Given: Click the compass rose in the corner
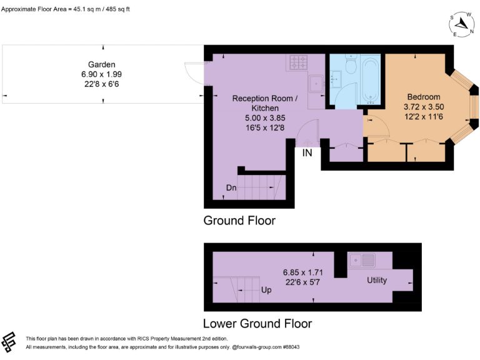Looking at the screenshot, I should pyautogui.click(x=462, y=24).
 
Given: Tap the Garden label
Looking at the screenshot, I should pyautogui.click(x=101, y=64).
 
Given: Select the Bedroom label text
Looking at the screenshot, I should pyautogui.click(x=423, y=97).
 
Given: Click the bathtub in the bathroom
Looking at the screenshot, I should pyautogui.click(x=371, y=79).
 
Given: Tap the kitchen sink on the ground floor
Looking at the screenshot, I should pyautogui.click(x=317, y=82).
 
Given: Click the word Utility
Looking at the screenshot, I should pyautogui.click(x=377, y=280).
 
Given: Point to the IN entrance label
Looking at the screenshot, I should pyautogui.click(x=307, y=152).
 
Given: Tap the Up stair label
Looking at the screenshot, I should pyautogui.click(x=266, y=290).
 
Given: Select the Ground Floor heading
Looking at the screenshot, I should pyautogui.click(x=239, y=221).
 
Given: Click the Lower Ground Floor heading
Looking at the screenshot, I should pyautogui.click(x=257, y=323).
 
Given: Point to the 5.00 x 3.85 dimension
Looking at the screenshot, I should pyautogui.click(x=261, y=117).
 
